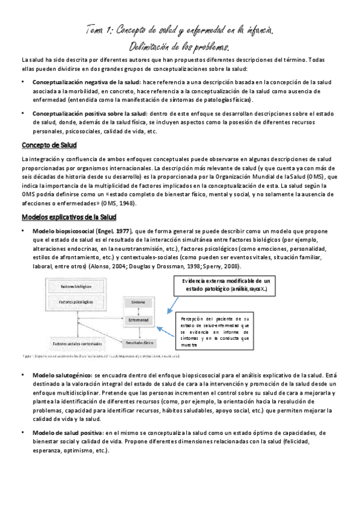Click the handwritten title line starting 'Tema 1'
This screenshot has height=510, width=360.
179,29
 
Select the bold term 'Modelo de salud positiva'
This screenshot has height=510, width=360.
67,432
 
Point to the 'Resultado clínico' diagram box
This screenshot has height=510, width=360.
139,343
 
